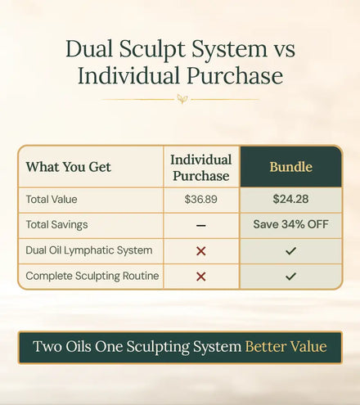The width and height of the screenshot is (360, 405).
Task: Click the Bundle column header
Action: click(x=291, y=167)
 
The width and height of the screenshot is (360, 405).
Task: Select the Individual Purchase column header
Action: click(x=201, y=168)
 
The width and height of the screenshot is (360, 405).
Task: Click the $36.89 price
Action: click(x=201, y=200)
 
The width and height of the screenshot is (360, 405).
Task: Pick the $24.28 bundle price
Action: click(x=290, y=199)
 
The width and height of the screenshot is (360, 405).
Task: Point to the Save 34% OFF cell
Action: click(x=290, y=224)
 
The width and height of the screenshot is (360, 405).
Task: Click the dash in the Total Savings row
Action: click(x=201, y=226)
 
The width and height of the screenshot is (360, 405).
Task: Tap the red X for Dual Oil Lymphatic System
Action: click(x=201, y=251)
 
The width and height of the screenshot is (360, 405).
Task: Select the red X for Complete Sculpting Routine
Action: click(x=201, y=277)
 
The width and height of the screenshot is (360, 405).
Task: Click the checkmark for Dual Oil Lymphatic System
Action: click(x=290, y=251)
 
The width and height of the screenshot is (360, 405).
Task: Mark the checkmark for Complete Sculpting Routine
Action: click(x=290, y=277)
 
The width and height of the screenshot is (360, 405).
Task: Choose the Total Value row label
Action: click(x=52, y=200)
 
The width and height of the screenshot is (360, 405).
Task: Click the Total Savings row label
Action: click(x=56, y=225)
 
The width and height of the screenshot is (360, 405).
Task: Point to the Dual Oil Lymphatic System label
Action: click(x=89, y=250)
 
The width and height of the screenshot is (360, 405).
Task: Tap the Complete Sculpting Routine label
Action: click(x=92, y=276)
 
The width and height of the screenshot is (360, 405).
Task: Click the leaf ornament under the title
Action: click(x=182, y=99)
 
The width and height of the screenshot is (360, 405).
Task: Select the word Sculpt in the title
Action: click(x=152, y=50)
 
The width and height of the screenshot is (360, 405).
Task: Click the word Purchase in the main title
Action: click(x=235, y=75)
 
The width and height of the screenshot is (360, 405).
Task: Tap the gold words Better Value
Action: click(x=286, y=347)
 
